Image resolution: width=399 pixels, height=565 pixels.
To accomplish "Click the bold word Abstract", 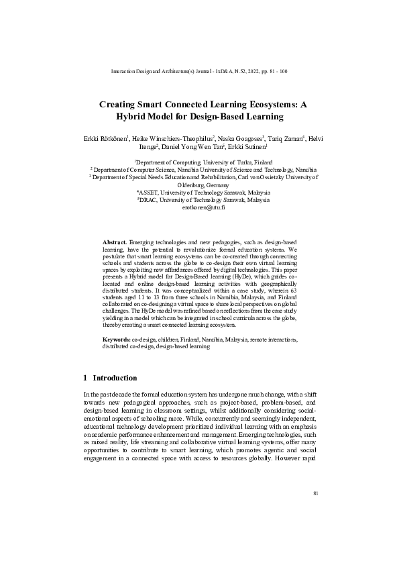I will (x=114, y=240).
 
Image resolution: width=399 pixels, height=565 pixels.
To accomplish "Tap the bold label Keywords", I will (x=116, y=340).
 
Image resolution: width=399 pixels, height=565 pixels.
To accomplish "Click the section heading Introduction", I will (x=115, y=378).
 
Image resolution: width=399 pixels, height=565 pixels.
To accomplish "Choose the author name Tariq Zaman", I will (x=284, y=139).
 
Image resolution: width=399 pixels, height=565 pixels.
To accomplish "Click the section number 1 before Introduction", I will (x=85, y=378).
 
